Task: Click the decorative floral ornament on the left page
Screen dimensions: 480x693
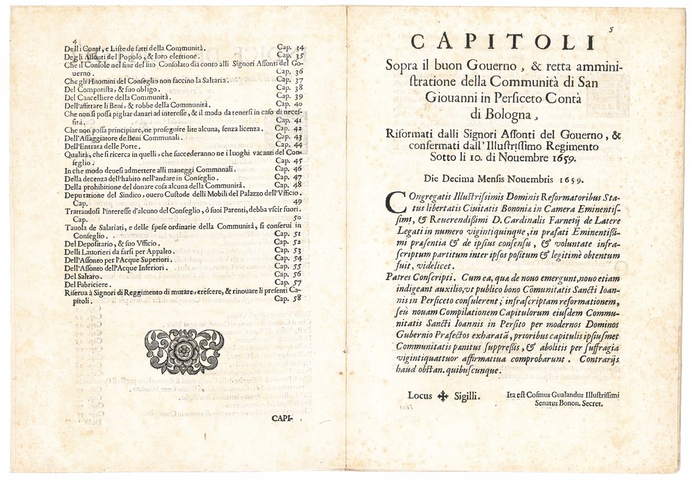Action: tap(184, 351)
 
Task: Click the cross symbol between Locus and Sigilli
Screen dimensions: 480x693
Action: tap(443, 396)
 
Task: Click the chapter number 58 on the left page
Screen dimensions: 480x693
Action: tap(296, 298)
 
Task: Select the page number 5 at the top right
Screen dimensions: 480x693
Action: tap(611, 30)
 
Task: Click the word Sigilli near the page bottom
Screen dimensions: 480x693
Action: tap(466, 396)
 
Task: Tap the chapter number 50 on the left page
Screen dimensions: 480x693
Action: tap(297, 218)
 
